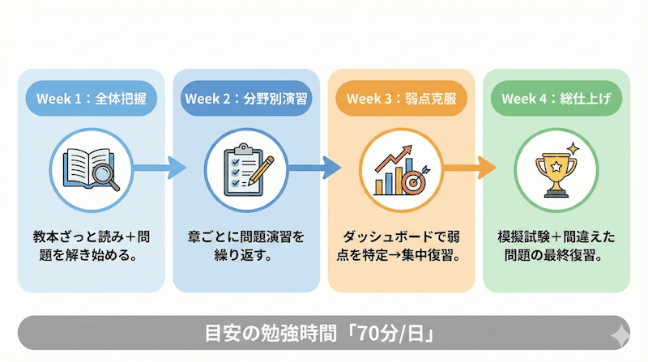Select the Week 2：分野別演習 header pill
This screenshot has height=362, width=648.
pos(245,100)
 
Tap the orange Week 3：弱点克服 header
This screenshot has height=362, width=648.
pos(399,100)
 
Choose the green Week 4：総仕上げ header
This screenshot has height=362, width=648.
pos(555,100)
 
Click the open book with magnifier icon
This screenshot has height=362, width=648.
pos(91,168)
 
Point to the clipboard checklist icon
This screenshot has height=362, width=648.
pos(245,168)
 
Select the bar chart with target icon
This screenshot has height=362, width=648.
pos(399,168)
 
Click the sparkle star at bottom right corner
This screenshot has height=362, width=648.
pos(620,334)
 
